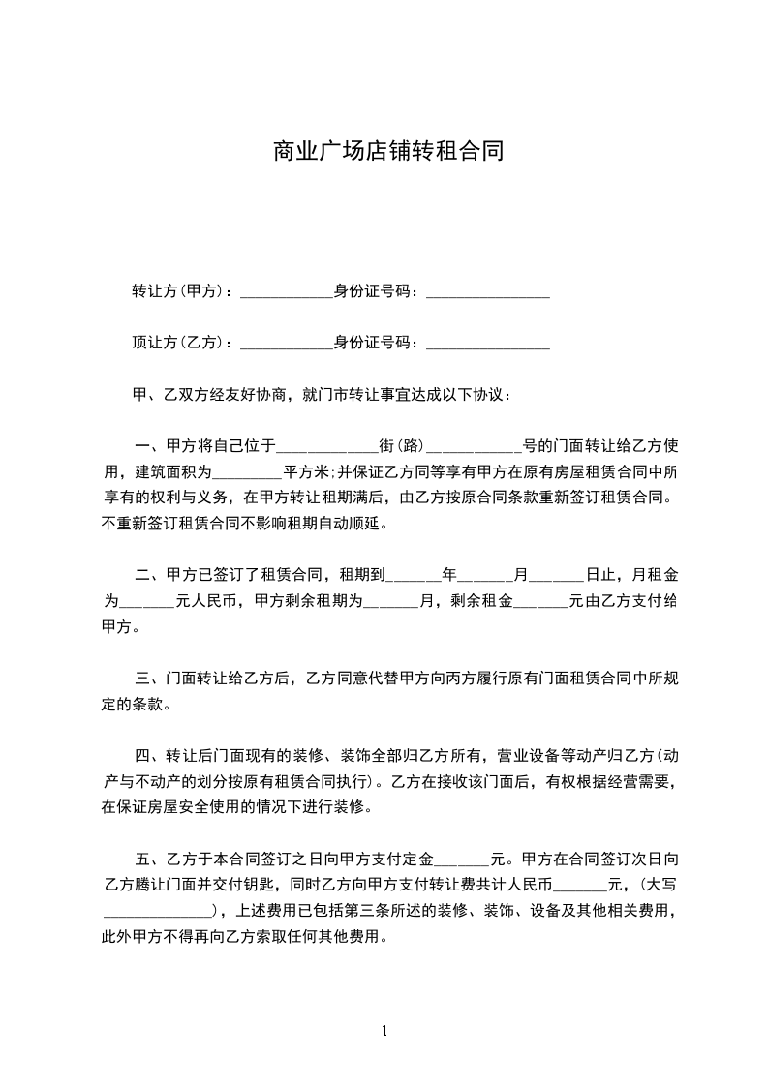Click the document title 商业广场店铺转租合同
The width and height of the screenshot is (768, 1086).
[x=384, y=151]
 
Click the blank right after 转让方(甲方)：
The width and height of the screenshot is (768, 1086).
[x=285, y=292]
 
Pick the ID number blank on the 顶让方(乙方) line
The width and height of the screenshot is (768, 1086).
[x=487, y=344]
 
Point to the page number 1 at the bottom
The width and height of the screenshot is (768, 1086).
[x=384, y=1031]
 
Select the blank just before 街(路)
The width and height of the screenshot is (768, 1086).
[x=327, y=449]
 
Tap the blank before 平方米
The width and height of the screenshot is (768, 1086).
[x=246, y=475]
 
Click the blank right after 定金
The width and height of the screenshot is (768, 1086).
[x=463, y=860]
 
